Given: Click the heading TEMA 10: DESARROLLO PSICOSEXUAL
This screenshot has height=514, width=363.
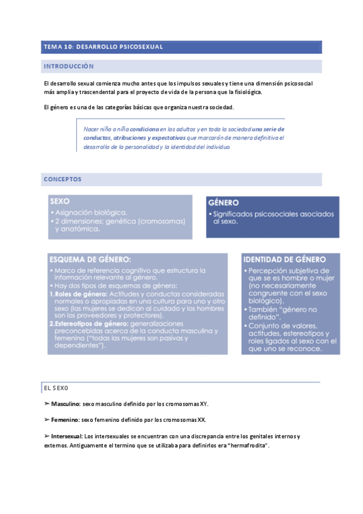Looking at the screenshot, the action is pyautogui.click(x=103, y=47).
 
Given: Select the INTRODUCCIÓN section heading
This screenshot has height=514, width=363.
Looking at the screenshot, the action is pyautogui.click(x=68, y=65).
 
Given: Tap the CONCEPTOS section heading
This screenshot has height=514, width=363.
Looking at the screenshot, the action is pyautogui.click(x=62, y=179).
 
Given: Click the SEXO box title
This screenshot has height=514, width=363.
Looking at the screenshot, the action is pyautogui.click(x=60, y=201).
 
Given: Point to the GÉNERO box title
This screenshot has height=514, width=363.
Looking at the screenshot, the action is pyautogui.click(x=224, y=203).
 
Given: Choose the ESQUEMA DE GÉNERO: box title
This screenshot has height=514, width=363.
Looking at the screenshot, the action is pyautogui.click(x=90, y=259).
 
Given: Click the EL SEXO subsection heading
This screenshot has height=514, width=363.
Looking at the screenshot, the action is pyautogui.click(x=56, y=386).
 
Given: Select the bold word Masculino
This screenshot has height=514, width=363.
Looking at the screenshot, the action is pyautogui.click(x=65, y=403).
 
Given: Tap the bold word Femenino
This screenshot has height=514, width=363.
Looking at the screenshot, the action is pyautogui.click(x=65, y=419).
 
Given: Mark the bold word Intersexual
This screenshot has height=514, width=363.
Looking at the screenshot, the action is pyautogui.click(x=67, y=436).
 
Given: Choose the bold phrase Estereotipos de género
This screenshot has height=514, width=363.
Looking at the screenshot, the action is pyautogui.click(x=85, y=324).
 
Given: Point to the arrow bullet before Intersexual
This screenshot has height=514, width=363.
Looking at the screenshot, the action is pyautogui.click(x=47, y=436).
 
